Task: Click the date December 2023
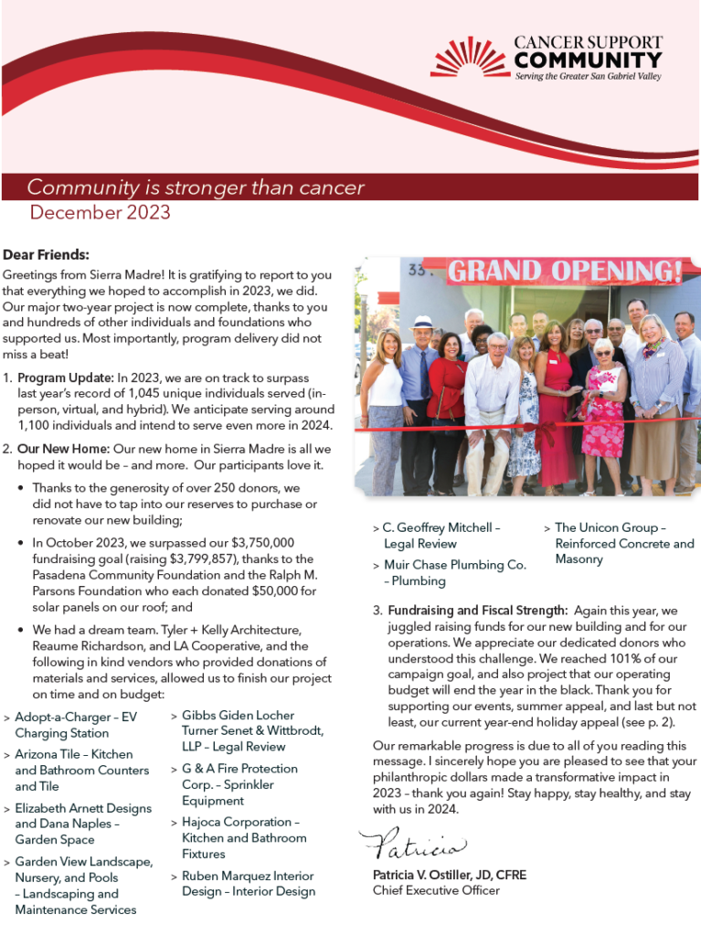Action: click(100, 213)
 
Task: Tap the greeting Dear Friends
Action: click(46, 255)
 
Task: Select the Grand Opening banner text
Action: click(565, 271)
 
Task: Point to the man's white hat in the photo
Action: click(421, 323)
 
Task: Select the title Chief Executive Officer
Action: click(436, 890)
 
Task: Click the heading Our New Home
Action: click(63, 450)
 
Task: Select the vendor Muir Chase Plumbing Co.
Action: click(454, 565)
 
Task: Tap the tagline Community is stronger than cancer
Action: click(196, 188)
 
